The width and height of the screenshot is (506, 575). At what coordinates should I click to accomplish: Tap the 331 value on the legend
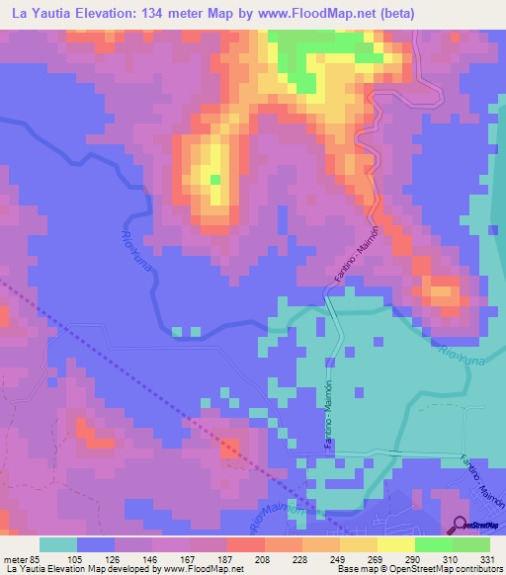[x=487, y=558]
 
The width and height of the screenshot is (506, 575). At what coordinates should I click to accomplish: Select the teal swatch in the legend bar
[x=58, y=544]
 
